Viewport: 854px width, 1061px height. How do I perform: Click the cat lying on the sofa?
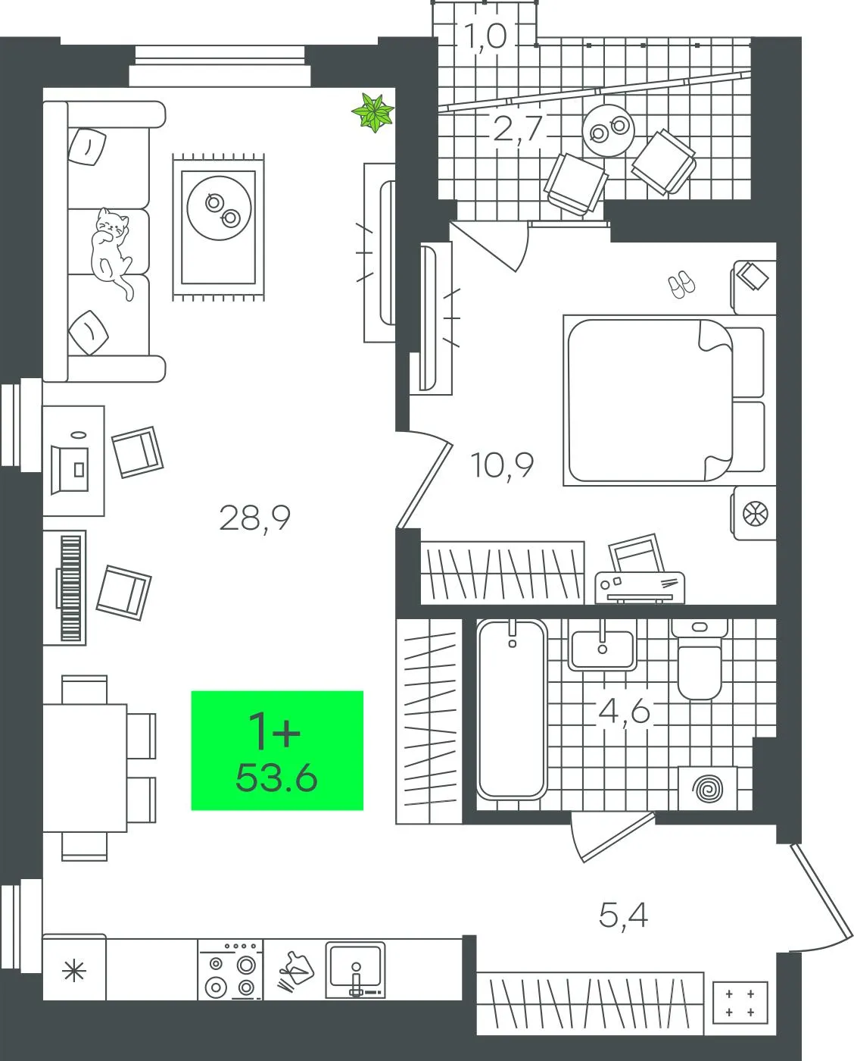pos(112,250)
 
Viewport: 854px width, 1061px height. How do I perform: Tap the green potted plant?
pos(372,112)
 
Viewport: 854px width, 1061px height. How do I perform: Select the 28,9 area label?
pos(254,518)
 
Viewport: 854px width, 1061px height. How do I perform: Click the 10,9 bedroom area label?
pos(502,465)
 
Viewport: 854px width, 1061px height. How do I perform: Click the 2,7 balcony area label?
pos(518,128)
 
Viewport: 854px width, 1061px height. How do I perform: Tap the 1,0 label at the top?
pos(485,36)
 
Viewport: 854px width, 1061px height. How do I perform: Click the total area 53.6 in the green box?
pos(276,778)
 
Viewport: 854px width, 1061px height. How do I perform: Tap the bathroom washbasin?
pos(602,645)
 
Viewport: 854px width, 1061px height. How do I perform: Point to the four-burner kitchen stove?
pos(230,969)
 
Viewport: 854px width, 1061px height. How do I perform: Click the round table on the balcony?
pos(608,130)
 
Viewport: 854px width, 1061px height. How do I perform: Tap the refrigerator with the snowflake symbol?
pos(74,968)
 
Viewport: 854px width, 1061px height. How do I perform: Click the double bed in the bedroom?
pos(665,400)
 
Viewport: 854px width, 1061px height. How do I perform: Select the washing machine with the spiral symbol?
pos(708,788)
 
